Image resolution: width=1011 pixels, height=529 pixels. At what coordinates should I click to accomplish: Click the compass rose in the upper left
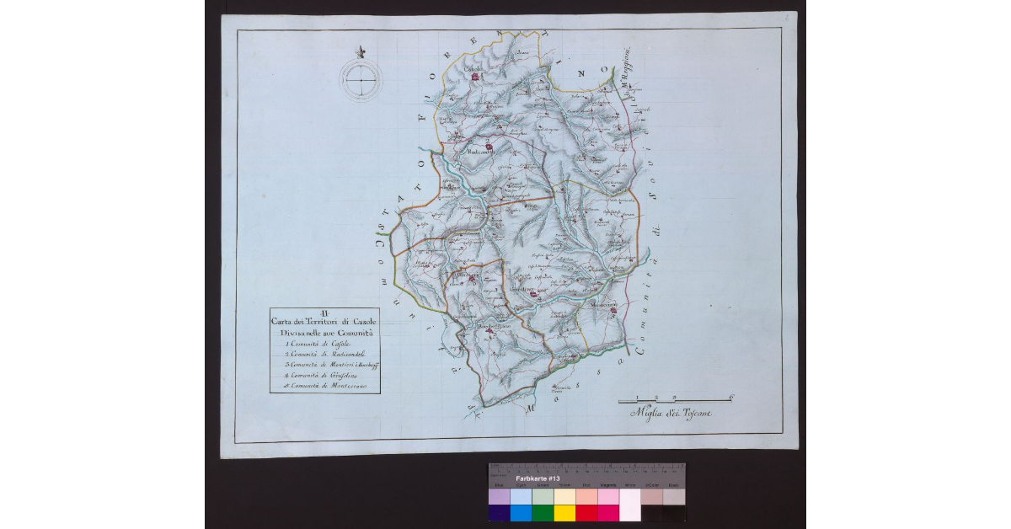[x=361, y=79]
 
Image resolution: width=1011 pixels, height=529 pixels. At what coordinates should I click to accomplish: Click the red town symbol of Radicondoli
[x=489, y=147]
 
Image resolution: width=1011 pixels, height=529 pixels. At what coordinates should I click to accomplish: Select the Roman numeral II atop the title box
[x=325, y=315]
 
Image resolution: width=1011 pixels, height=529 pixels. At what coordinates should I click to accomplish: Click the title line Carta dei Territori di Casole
[x=325, y=324]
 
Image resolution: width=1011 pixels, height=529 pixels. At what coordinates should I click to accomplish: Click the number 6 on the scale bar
[x=730, y=396]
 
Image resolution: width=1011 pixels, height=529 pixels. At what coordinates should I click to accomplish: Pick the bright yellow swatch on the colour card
[x=564, y=513]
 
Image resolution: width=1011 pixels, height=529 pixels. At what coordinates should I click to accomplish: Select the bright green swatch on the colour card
[x=543, y=513]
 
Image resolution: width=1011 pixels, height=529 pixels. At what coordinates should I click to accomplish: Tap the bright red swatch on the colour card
[x=586, y=513]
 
